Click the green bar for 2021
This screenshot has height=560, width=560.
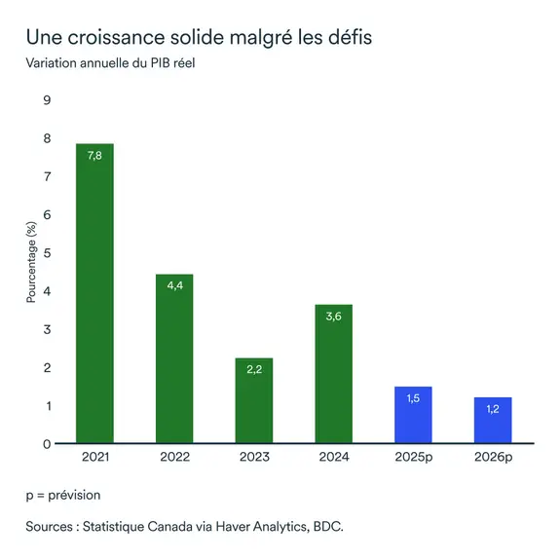94,293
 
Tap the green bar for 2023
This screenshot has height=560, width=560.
253,400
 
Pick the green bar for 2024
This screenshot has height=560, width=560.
333,374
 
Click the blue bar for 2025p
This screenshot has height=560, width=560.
412,415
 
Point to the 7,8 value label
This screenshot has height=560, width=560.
94,156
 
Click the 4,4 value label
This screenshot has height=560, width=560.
174,286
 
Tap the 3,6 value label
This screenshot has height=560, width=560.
333,317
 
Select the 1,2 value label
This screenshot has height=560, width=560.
492,409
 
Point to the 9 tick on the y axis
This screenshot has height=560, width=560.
46,100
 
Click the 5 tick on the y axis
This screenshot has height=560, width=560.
46,253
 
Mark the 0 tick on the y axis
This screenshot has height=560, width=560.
46,444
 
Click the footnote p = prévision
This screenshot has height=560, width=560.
63,495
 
